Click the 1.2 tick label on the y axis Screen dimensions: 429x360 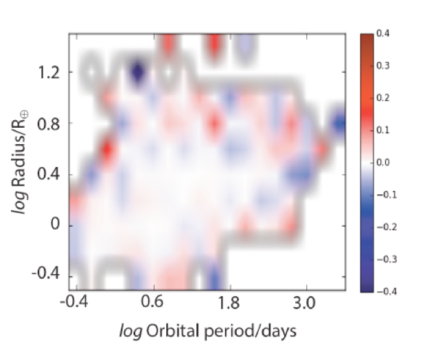(49, 73)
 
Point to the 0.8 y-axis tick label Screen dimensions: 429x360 (49, 124)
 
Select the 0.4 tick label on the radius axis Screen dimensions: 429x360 (49, 175)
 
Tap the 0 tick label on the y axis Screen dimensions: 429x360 (55, 225)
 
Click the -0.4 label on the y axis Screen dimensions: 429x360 (45, 273)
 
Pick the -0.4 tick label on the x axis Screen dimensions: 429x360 (74, 303)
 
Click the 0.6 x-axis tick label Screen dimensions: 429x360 (152, 303)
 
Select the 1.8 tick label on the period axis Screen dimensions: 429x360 (229, 303)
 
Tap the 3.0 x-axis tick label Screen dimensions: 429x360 (304, 303)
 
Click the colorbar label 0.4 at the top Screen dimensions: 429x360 (383, 34)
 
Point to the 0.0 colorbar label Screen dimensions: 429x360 (383, 163)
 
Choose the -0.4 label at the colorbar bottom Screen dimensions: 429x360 (387, 291)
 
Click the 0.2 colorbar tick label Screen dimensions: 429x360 (383, 98)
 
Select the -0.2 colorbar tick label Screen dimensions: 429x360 (387, 227)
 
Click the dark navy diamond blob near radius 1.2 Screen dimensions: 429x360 (137, 72)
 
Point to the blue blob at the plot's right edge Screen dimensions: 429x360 (340, 123)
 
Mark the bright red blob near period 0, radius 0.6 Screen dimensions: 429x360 (107, 150)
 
